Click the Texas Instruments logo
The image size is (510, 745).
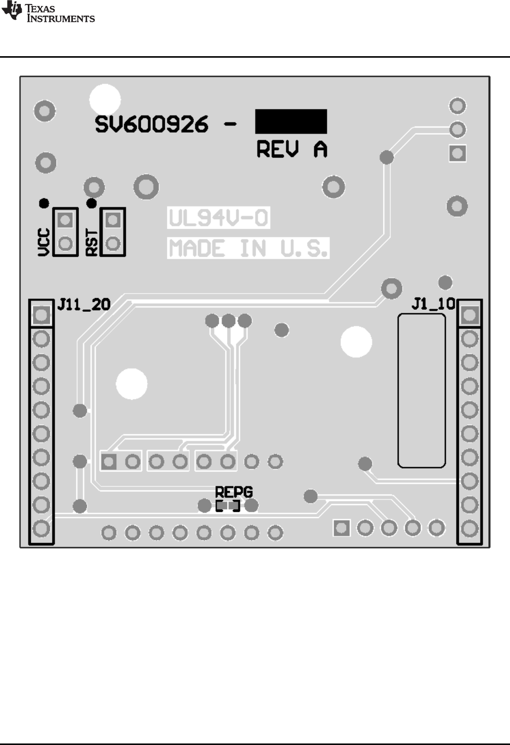pyautogui.click(x=48, y=12)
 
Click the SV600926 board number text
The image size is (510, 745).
pyautogui.click(x=151, y=124)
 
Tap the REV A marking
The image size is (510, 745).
pyautogui.click(x=292, y=149)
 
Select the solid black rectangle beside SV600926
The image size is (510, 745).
pyautogui.click(x=291, y=121)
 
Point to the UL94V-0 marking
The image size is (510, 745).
pyautogui.click(x=218, y=219)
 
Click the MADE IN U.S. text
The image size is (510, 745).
pyautogui.click(x=248, y=249)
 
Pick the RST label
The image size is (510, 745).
pyautogui.click(x=92, y=242)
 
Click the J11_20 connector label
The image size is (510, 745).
pyautogui.click(x=83, y=304)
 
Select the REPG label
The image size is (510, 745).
pyautogui.click(x=234, y=492)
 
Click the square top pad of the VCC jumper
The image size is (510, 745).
pyautogui.click(x=65, y=220)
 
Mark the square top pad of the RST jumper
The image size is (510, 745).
pyautogui.click(x=113, y=220)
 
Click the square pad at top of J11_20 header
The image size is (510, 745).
pyautogui.click(x=41, y=316)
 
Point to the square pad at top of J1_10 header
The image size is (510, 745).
pyautogui.click(x=470, y=315)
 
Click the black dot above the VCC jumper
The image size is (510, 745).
pyautogui.click(x=44, y=203)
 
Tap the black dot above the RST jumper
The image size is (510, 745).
pyautogui.click(x=92, y=203)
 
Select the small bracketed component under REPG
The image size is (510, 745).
pyautogui.click(x=228, y=506)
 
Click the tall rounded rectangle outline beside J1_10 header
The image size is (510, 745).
pyautogui.click(x=421, y=390)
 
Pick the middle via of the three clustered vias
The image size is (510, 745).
pyautogui.click(x=229, y=320)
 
